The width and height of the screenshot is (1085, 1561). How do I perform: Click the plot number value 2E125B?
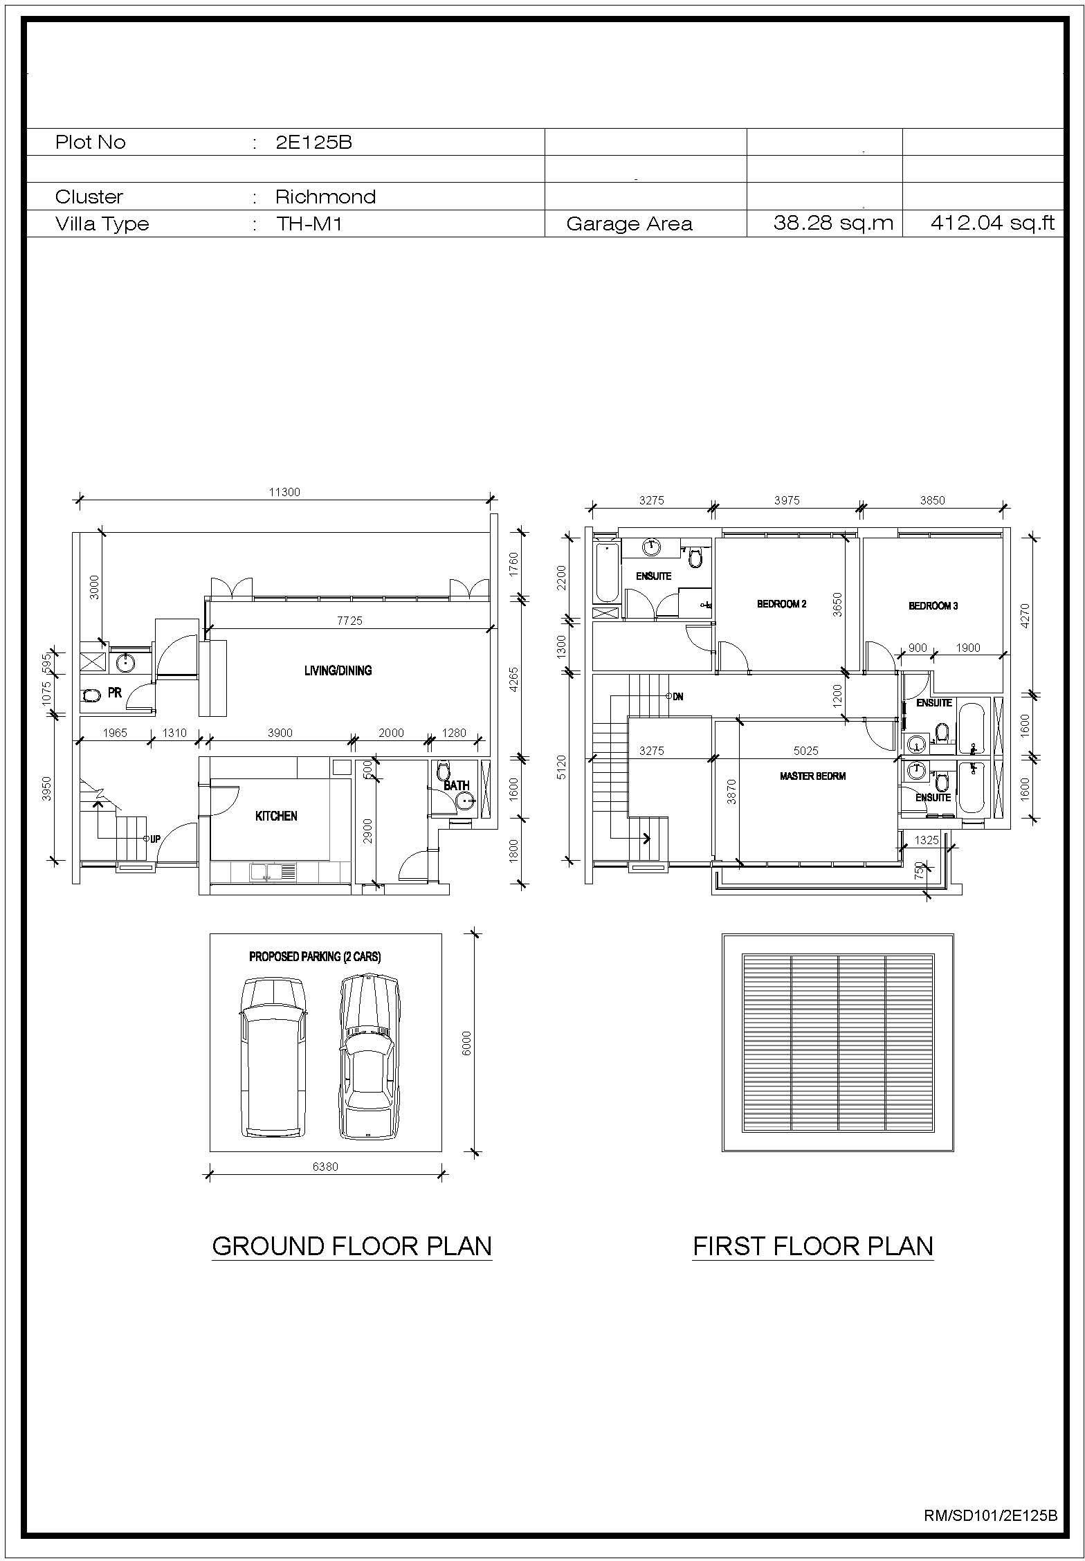pyautogui.click(x=313, y=143)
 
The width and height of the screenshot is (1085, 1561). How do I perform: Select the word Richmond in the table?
pyautogui.click(x=325, y=197)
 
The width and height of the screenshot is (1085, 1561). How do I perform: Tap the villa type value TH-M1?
pyautogui.click(x=309, y=224)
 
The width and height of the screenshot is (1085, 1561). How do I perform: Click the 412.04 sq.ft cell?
pyautogui.click(x=992, y=223)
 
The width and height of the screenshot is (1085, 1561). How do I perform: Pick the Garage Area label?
pyautogui.click(x=629, y=224)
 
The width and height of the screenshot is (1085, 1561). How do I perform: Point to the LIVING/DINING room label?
pyautogui.click(x=338, y=670)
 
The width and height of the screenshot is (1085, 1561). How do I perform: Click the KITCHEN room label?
pyautogui.click(x=276, y=816)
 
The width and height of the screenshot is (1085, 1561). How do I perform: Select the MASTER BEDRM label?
pyautogui.click(x=812, y=776)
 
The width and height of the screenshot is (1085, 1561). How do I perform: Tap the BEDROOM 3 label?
pyautogui.click(x=933, y=606)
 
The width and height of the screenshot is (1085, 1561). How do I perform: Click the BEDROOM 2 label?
pyautogui.click(x=781, y=604)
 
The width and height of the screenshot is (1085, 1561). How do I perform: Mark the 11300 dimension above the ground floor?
pyautogui.click(x=284, y=493)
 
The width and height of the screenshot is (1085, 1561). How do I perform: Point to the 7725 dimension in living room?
pyautogui.click(x=349, y=621)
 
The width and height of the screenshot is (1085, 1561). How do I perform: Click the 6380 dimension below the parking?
pyautogui.click(x=325, y=1167)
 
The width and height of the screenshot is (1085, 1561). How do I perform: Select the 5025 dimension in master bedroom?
pyautogui.click(x=806, y=751)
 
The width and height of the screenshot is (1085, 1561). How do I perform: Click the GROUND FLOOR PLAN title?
pyautogui.click(x=352, y=1246)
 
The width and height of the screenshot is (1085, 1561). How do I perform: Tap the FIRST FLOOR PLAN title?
pyautogui.click(x=813, y=1246)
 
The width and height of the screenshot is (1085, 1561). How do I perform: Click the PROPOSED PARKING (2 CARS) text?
pyautogui.click(x=315, y=957)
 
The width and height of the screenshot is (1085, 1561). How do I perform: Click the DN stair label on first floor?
pyautogui.click(x=677, y=697)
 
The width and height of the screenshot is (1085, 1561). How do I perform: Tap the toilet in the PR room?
pyautogui.click(x=91, y=695)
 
